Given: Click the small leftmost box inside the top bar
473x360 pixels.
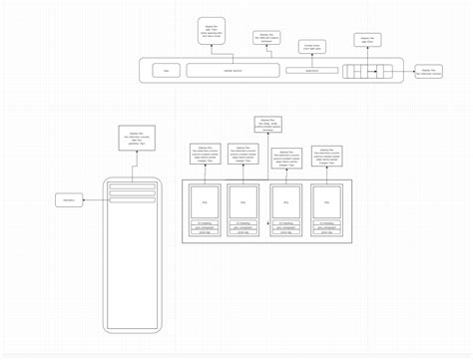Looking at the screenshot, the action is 166,71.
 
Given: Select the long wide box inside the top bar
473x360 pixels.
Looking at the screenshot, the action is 232,71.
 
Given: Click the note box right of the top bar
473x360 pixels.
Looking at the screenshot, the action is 428,72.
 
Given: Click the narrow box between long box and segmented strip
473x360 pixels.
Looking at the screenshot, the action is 311,71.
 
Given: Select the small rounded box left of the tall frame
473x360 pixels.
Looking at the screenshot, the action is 70,200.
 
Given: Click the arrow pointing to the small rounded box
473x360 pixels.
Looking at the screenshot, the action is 93,200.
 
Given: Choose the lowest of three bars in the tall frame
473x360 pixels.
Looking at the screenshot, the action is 133,199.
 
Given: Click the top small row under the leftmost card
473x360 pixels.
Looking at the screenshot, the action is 204,222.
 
